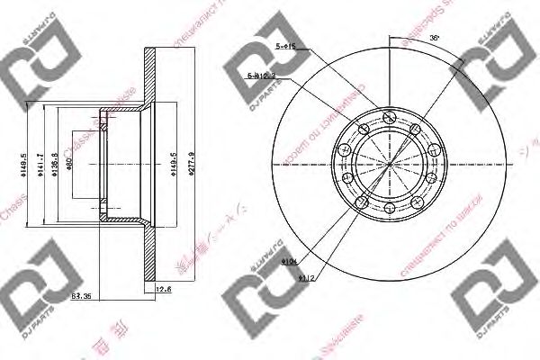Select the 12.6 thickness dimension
click(162, 290)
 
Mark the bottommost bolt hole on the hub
click(390, 208)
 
